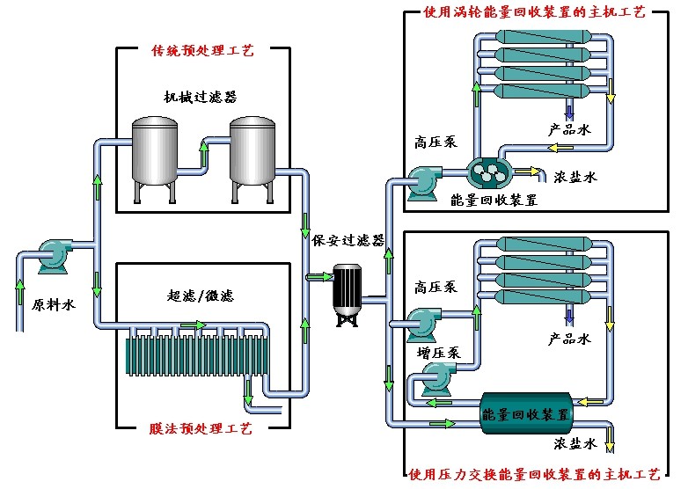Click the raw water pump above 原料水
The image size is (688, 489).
pyautogui.click(x=52, y=255)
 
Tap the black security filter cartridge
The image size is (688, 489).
pyautogui.click(x=346, y=291)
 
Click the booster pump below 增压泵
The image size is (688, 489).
pyautogui.click(x=434, y=381)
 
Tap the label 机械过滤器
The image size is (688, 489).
pyautogui.click(x=200, y=96)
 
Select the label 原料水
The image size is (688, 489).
pyautogui.click(x=51, y=306)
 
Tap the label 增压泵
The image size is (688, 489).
pyautogui.click(x=438, y=353)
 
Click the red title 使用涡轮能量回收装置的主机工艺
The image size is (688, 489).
pyautogui.click(x=535, y=12)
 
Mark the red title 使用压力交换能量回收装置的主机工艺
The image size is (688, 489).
pyautogui.click(x=534, y=476)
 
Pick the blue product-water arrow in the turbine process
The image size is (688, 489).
pyautogui.click(x=569, y=110)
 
